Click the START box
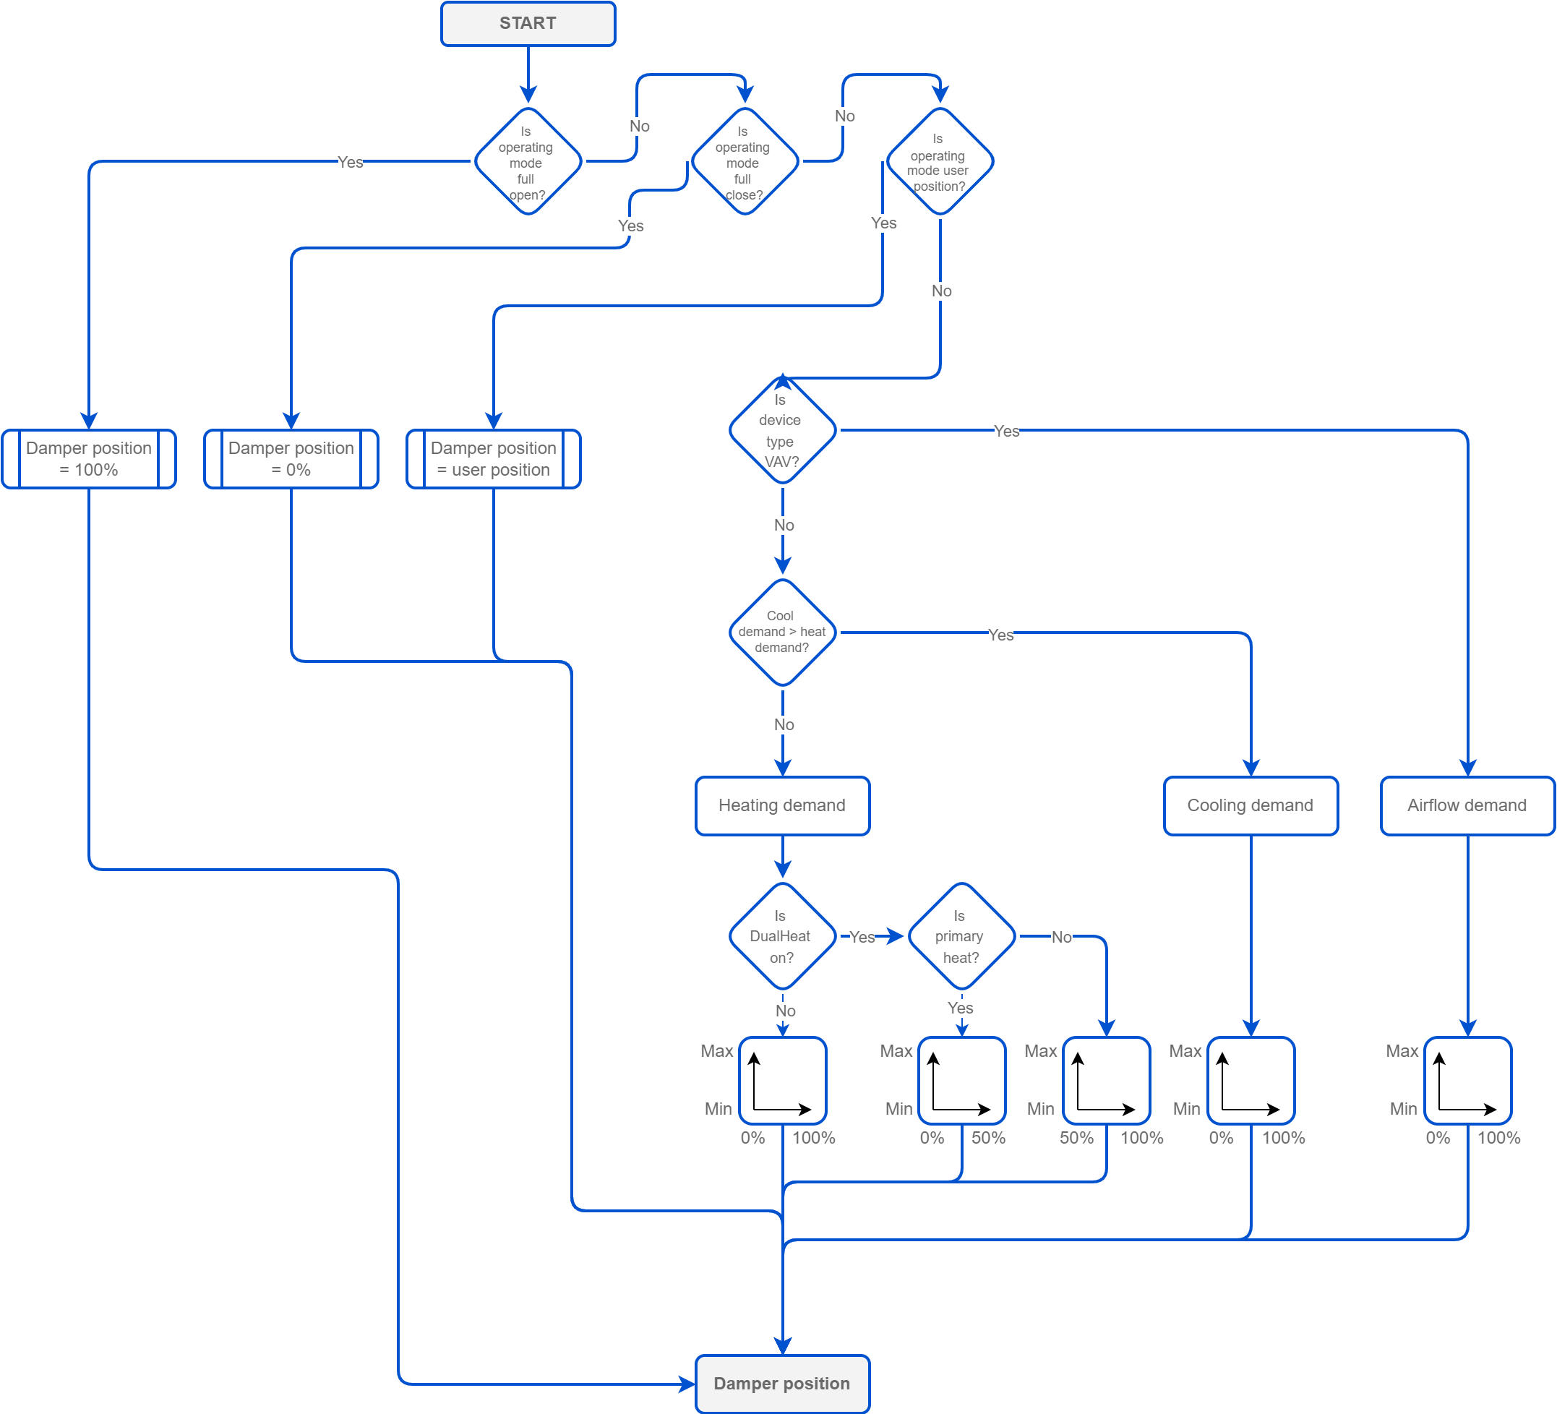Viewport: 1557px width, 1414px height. click(528, 23)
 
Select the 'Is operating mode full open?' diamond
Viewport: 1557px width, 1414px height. click(528, 161)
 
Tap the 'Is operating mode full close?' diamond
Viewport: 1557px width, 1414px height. click(745, 161)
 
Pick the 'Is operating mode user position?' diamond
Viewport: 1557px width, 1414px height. click(939, 161)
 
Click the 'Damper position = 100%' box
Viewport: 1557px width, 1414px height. click(89, 459)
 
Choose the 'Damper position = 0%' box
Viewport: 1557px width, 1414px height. click(291, 459)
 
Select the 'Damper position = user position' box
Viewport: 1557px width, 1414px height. click(494, 459)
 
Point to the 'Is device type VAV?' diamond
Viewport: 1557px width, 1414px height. click(782, 430)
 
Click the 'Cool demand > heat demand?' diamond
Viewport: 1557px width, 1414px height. click(782, 632)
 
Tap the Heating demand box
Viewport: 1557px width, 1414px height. click(782, 805)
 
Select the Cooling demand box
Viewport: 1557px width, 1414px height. click(1251, 805)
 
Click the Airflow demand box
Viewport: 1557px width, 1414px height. click(1467, 805)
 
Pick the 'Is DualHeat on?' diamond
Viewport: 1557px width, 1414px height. click(782, 936)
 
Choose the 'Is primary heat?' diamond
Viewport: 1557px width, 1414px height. click(961, 936)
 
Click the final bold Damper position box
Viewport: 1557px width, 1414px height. click(782, 1383)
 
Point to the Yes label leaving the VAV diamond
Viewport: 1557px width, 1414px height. click(1006, 431)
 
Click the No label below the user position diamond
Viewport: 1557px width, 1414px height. click(941, 291)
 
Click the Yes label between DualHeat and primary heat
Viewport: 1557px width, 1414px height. click(862, 937)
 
